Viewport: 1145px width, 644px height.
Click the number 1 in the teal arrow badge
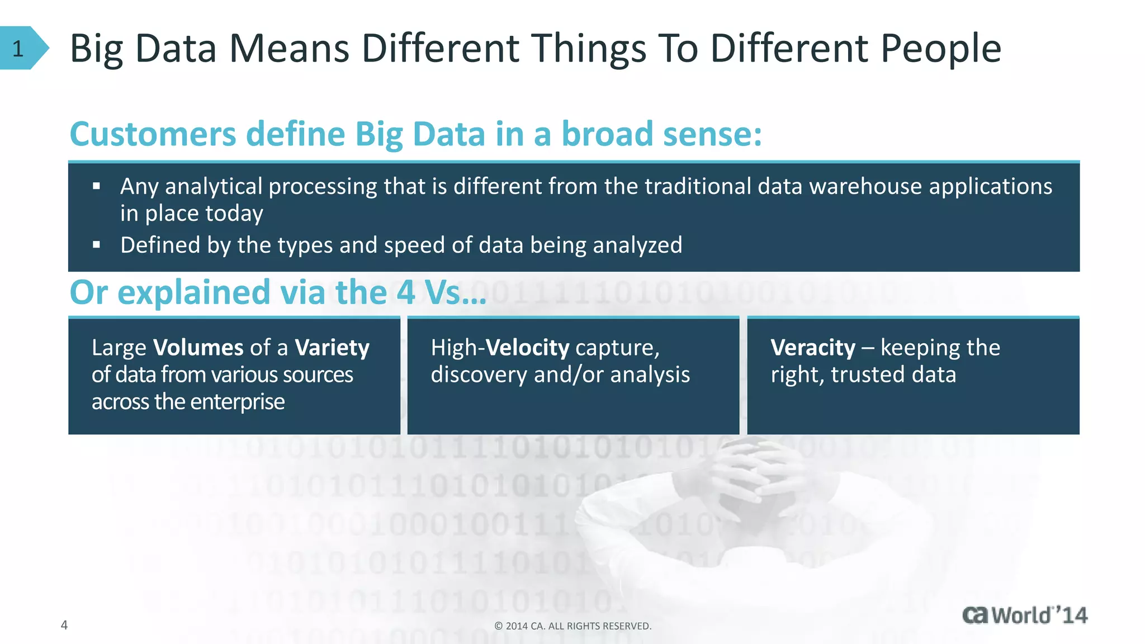click(x=18, y=49)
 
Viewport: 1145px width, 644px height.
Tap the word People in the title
click(x=940, y=49)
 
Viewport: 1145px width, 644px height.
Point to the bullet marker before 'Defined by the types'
click(x=97, y=245)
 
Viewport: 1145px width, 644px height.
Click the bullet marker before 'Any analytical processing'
click(x=97, y=186)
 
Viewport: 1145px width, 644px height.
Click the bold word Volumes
click(x=198, y=348)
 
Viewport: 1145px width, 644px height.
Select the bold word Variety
click(x=332, y=348)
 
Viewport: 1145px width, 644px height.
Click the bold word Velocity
click(x=527, y=348)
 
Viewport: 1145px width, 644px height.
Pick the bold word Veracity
click(x=813, y=348)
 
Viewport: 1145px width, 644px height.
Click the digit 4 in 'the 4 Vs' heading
click(x=406, y=292)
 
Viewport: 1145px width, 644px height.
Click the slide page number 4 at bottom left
click(x=64, y=625)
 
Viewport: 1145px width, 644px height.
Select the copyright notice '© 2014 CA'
click(x=572, y=626)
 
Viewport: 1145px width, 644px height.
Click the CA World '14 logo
click(x=1024, y=615)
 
